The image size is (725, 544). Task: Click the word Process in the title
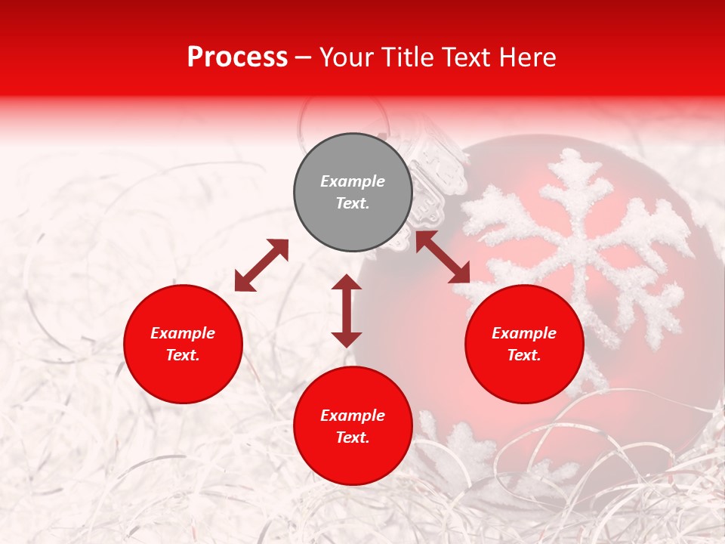237,57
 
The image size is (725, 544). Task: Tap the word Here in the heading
526,57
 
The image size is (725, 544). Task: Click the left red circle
183,345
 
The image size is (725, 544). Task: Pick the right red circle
524,345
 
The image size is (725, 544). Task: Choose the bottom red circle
353,426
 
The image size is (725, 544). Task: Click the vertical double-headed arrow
347,311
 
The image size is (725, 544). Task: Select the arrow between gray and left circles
261,265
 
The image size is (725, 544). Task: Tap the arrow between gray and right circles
443,257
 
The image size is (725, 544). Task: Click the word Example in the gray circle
353,181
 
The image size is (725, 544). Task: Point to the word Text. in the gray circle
353,203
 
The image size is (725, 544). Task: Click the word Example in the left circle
183,333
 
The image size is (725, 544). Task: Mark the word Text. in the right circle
524,355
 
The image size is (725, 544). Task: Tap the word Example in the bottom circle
353,416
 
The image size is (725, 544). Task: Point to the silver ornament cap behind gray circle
435,170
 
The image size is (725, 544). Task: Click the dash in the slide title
303,57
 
